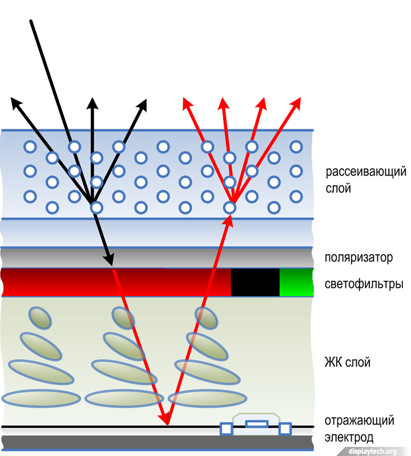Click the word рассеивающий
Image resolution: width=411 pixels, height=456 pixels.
click(366, 172)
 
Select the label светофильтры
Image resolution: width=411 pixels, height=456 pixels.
click(363, 284)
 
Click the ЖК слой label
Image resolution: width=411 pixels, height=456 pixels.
click(348, 361)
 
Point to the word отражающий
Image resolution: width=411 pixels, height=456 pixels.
click(360, 421)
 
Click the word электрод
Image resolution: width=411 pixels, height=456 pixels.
click(349, 438)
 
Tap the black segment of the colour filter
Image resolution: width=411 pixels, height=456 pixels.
click(255, 282)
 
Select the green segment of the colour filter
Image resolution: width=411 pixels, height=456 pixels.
click(296, 282)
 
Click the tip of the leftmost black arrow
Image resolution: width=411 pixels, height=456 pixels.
click(12, 99)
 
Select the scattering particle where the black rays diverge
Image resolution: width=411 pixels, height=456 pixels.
click(96, 207)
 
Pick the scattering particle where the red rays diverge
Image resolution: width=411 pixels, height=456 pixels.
click(229, 207)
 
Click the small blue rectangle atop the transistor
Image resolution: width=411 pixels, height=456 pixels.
click(256, 424)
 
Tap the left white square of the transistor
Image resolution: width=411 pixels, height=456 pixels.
click(226, 428)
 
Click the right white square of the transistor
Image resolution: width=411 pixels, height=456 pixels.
click(285, 427)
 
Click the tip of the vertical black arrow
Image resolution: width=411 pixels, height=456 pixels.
click(91, 99)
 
